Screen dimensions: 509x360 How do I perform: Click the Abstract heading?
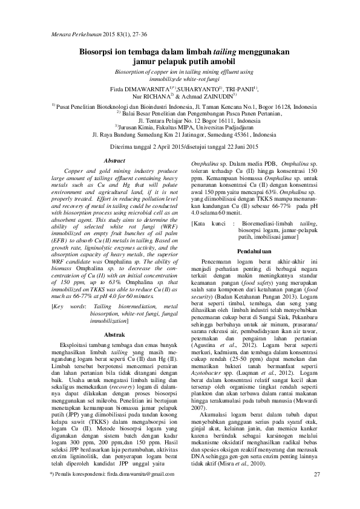[115, 161]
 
